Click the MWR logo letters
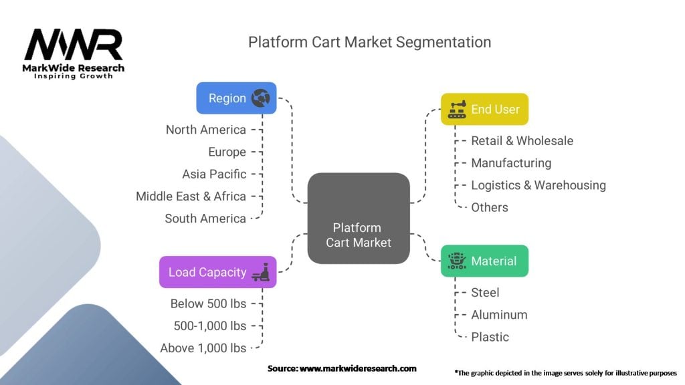click(74, 45)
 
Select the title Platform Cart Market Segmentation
click(369, 42)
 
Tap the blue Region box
click(235, 98)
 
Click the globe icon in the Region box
click(260, 98)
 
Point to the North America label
click(205, 130)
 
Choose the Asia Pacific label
click(214, 174)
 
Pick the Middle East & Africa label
click(191, 196)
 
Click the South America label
click(205, 218)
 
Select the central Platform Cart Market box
click(358, 218)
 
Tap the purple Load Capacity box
click(217, 272)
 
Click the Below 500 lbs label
click(208, 303)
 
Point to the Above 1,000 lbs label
click(203, 348)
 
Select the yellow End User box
click(484, 109)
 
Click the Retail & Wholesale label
click(522, 140)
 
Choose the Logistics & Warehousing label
click(538, 185)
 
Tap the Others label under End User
click(489, 207)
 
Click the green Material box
click(484, 261)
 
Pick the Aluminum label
click(499, 314)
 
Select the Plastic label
click(490, 337)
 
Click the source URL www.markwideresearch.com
click(357, 368)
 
